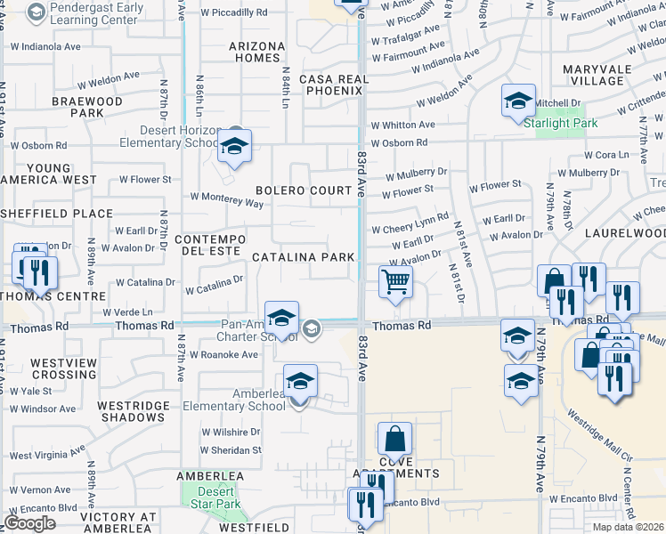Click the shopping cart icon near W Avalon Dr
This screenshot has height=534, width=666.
395,282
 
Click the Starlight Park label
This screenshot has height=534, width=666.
560,123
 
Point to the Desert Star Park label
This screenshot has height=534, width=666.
215,498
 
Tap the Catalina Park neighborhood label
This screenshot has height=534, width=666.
304,257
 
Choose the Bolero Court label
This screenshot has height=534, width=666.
304,190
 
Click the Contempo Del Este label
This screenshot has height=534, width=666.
209,246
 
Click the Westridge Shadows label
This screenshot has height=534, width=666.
133,412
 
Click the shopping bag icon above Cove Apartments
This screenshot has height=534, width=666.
394,440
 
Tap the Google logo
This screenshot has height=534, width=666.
29,523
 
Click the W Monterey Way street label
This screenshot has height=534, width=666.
226,201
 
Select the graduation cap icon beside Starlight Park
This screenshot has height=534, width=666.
517,101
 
